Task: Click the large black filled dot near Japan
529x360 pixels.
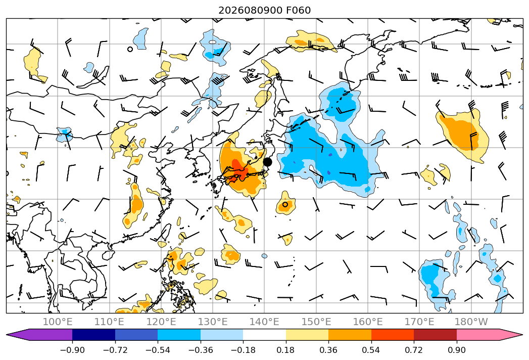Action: (x=267, y=162)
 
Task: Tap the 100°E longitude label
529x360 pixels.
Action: (x=58, y=322)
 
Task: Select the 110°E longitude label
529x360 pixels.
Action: (x=109, y=322)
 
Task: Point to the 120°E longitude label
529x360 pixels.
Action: (x=161, y=322)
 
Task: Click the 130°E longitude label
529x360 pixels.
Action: (x=213, y=322)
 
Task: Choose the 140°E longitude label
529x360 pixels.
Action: (x=264, y=322)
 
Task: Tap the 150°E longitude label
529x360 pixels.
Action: (x=316, y=322)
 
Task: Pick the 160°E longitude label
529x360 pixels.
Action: (x=368, y=322)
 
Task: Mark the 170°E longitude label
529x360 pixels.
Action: (x=419, y=322)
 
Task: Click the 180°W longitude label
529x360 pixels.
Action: (x=471, y=322)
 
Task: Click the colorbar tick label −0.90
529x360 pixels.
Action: (x=72, y=350)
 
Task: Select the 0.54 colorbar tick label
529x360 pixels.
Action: (x=371, y=350)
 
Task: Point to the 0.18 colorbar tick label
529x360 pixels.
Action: (x=286, y=350)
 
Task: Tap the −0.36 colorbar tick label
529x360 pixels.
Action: (x=201, y=350)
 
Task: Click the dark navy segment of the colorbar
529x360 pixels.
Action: (x=93, y=335)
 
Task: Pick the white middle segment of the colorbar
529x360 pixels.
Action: (x=265, y=335)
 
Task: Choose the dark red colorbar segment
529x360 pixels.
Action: (x=435, y=335)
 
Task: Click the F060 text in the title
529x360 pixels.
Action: (x=298, y=11)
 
